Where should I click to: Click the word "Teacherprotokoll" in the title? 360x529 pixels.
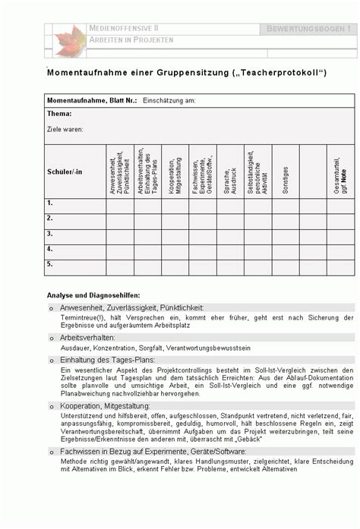tap(279, 73)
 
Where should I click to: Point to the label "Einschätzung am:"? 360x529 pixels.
tap(169, 100)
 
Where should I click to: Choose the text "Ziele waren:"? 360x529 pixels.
tap(65, 130)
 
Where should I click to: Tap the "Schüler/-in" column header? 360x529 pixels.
tap(65, 172)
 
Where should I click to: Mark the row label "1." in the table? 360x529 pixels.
tap(50, 203)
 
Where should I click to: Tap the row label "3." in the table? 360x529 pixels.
tap(50, 234)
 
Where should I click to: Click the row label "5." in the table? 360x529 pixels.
tap(50, 264)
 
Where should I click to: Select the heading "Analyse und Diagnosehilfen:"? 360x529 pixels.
tap(93, 294)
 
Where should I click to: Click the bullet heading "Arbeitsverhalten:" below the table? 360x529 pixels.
tap(87, 337)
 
